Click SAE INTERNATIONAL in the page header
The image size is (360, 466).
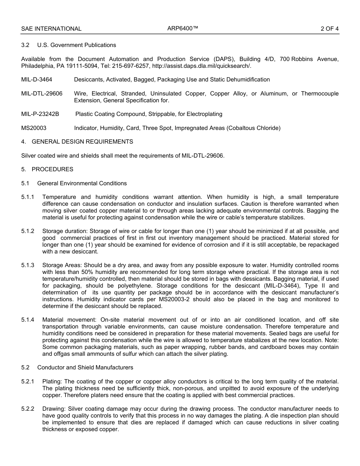(x=51, y=29)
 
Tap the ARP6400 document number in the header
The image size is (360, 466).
(x=183, y=28)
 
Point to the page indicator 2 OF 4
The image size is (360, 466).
(x=329, y=29)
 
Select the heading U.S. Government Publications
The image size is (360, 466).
(x=77, y=45)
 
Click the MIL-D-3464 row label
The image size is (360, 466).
(x=37, y=80)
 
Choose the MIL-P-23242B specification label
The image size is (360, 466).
(x=43, y=114)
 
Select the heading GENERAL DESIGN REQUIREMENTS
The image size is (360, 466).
(x=82, y=142)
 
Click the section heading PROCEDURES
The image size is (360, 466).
(x=52, y=169)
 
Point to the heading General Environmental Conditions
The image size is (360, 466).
(x=82, y=183)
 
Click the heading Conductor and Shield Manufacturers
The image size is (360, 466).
(x=85, y=367)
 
